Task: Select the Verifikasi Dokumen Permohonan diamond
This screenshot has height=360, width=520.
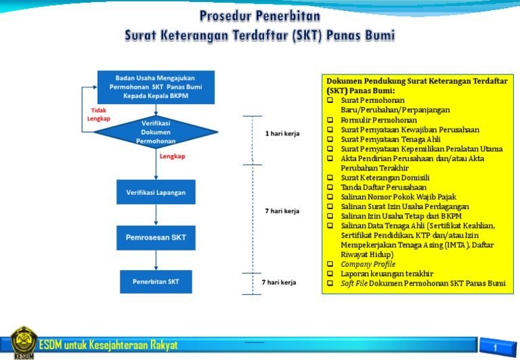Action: [156, 133]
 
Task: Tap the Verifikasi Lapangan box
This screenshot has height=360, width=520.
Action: [156, 192]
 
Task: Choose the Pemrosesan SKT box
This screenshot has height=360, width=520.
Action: [156, 238]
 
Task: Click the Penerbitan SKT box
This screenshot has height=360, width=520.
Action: [156, 282]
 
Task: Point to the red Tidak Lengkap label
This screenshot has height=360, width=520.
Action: [98, 114]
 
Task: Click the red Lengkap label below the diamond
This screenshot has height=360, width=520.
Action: [172, 156]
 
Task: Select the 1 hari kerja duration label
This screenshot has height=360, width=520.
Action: [282, 133]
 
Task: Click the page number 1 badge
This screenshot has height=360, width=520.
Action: [496, 348]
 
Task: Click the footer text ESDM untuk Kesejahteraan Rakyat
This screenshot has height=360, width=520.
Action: [108, 346]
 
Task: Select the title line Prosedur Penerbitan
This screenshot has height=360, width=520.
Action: [260, 15]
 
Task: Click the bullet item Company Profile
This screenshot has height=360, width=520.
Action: [368, 264]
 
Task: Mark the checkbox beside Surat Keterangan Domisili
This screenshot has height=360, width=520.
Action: [330, 178]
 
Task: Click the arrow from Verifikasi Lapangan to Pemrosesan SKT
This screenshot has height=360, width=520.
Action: [156, 215]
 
